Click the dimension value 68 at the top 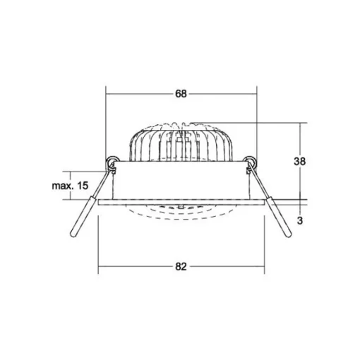(x=181, y=94)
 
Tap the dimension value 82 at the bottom (x=181, y=267)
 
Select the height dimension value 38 (x=299, y=162)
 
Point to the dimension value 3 (x=300, y=221)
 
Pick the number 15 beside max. (x=83, y=186)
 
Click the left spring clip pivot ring (x=111, y=162)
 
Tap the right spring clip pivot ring (x=251, y=162)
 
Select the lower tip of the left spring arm (x=73, y=234)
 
